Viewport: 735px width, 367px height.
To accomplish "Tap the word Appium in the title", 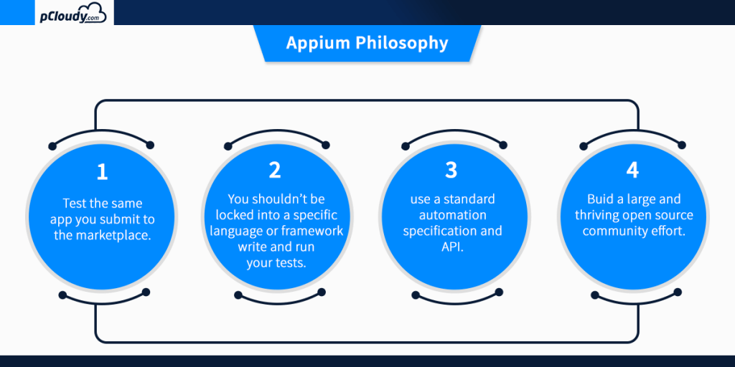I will click(x=314, y=43).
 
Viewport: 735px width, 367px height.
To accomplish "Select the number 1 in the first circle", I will click(x=102, y=172).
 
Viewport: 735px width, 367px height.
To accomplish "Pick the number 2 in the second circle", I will click(x=275, y=170).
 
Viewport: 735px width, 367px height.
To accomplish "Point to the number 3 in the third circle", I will click(x=451, y=170).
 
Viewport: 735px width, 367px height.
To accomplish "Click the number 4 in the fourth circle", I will click(x=632, y=170).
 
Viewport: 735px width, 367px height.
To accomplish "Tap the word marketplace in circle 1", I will click(x=114, y=235).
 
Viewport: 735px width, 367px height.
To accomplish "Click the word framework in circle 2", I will click(x=310, y=231).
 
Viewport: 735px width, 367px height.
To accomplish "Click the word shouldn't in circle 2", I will click(x=281, y=199).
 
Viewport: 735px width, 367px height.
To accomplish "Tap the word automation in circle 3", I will click(x=452, y=215).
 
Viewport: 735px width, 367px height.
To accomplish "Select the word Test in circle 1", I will click(x=75, y=204).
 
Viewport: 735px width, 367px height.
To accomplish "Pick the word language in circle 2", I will click(x=234, y=231).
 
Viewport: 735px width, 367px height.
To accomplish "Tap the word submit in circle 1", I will click(x=116, y=219).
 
